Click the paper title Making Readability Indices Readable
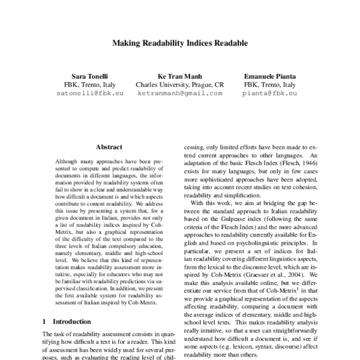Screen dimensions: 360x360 pos(180,44)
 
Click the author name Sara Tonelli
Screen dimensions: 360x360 pos(88,76)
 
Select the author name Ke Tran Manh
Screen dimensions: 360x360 pos(179,76)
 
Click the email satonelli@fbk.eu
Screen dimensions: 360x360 pos(88,94)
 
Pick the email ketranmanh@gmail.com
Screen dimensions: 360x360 pos(179,94)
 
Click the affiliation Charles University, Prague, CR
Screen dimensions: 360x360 pos(179,85)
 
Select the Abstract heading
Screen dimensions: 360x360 pos(109,147)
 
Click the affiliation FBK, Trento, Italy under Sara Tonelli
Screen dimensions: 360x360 pos(88,85)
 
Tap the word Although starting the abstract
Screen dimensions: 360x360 pos(67,162)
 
